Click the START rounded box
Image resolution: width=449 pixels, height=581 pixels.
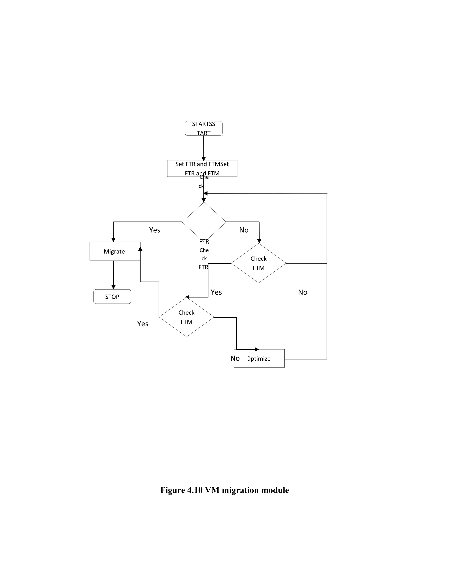click(203, 128)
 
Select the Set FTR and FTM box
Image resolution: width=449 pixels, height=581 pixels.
click(202, 168)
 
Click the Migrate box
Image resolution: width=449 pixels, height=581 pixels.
click(115, 251)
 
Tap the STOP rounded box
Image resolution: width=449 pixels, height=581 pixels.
click(112, 296)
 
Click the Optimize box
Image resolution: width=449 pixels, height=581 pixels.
click(259, 358)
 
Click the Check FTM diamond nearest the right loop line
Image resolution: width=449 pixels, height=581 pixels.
click(258, 263)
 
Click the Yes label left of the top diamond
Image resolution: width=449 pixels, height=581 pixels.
click(155, 230)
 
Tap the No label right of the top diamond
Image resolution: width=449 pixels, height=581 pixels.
click(244, 230)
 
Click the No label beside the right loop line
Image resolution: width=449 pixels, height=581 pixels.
click(302, 292)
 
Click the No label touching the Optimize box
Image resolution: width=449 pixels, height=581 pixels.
click(235, 358)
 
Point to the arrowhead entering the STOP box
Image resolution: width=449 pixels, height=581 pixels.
click(113, 287)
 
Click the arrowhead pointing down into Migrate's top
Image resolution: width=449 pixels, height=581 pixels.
click(113, 240)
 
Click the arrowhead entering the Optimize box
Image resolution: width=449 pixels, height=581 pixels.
click(257, 349)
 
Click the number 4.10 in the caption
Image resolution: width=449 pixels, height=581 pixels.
click(195, 490)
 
